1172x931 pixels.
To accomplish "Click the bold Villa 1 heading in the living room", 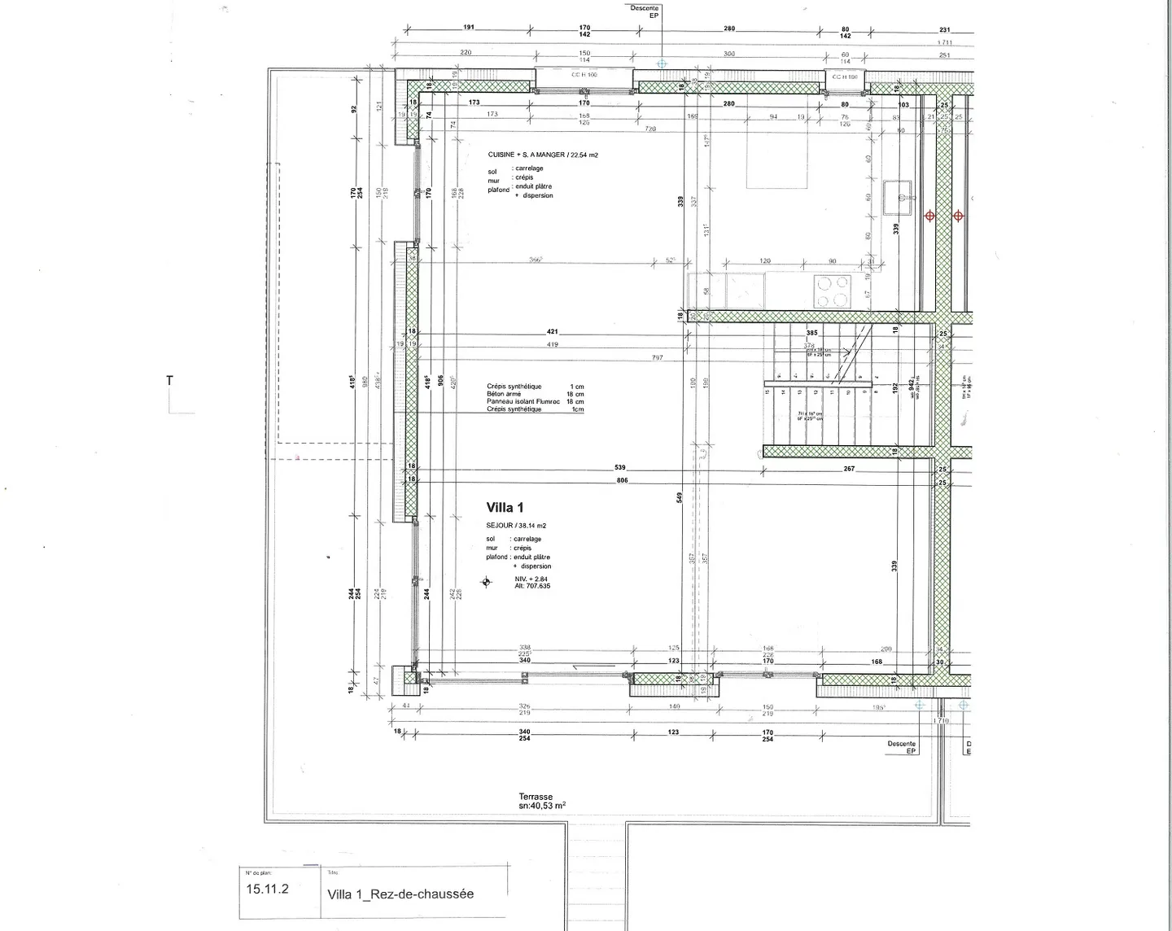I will tap(505, 508).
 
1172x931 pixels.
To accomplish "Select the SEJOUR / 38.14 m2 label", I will tap(516, 526).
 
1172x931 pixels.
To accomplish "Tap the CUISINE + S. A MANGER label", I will tap(542, 155).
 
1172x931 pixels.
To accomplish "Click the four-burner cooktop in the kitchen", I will tap(832, 291).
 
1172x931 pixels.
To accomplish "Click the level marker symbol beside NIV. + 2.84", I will tap(487, 582).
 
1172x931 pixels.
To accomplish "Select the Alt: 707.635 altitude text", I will tap(532, 586).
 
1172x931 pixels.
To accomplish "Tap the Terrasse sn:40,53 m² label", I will tap(542, 802).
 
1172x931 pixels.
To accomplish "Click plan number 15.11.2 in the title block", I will tap(267, 889).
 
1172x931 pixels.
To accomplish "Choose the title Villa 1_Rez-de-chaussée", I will tap(400, 894).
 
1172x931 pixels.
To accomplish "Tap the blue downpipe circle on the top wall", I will tap(662, 63).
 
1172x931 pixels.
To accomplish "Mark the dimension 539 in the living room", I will tap(620, 468).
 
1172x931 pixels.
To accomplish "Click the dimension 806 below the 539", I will tap(623, 481).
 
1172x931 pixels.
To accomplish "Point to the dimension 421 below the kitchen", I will tap(553, 332).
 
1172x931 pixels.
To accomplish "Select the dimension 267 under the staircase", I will tap(849, 469).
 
